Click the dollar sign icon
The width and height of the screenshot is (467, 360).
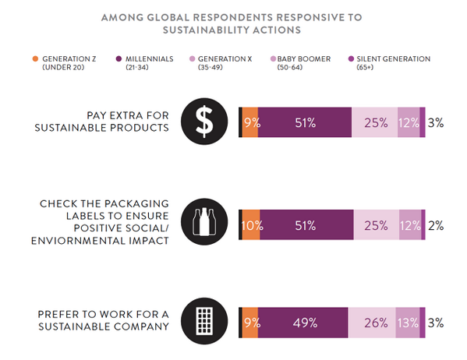coord(203,122)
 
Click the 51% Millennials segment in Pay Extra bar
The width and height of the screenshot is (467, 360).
coord(305,122)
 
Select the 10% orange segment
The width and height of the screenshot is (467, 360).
coord(250,226)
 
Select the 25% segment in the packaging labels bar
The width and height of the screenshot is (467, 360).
coord(376,226)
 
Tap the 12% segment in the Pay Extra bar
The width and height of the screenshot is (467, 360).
coord(409,122)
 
